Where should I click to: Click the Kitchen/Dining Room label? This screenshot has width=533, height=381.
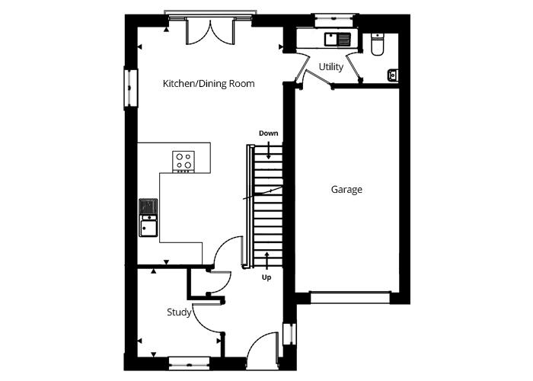[x=209, y=84]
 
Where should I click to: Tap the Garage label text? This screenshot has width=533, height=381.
[x=346, y=190]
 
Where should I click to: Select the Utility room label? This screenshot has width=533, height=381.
[x=331, y=67]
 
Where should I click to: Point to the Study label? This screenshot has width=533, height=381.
[x=179, y=312]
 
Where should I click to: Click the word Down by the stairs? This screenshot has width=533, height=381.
[x=269, y=133]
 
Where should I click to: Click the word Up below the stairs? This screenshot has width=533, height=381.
[x=266, y=277]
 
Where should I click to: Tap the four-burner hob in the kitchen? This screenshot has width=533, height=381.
[x=184, y=161]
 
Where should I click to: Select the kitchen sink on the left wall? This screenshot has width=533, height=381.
[x=148, y=218]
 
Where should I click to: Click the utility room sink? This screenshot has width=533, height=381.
[x=337, y=39]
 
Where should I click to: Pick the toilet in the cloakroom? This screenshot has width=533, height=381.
[x=378, y=44]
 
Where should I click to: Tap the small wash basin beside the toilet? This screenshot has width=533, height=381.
[x=393, y=75]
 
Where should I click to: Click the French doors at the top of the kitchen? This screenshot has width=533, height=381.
[x=210, y=32]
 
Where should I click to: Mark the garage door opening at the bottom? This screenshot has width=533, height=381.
[x=349, y=297]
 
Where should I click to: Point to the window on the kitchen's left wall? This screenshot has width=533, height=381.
[x=130, y=88]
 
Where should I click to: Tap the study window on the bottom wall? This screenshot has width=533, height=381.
[x=189, y=363]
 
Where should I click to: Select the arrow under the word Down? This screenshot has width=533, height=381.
[x=269, y=150]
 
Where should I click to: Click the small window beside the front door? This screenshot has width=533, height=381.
[x=289, y=334]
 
